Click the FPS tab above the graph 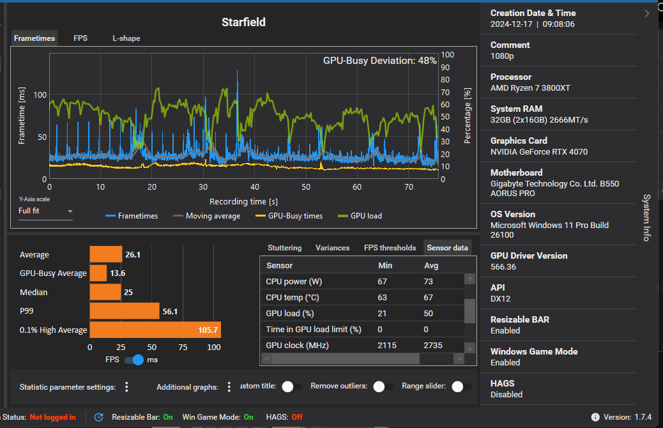point(80,38)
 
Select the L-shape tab point(126,38)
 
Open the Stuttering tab point(285,248)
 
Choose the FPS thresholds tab point(390,248)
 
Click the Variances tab point(332,248)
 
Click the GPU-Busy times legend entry point(289,216)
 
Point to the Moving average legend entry point(207,216)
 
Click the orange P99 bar point(125,311)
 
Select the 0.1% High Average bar point(155,330)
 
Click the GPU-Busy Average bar point(98,273)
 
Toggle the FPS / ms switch point(133,360)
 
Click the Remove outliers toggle point(383,386)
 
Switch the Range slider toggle point(461,386)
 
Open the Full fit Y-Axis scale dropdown point(45,211)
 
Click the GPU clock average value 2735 point(433,346)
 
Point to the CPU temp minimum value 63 point(382,298)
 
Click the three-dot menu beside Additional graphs point(229,386)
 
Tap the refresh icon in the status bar point(98,417)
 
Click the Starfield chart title point(243,22)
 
